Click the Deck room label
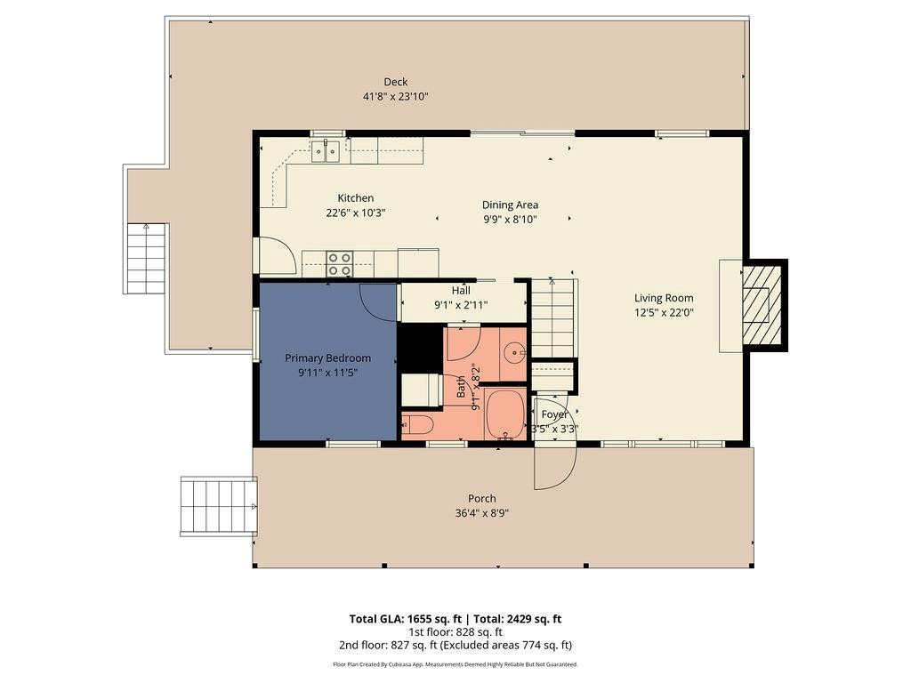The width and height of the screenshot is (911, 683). coord(395,82)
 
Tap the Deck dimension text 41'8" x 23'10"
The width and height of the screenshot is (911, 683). coord(395,97)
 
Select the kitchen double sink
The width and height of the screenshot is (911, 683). coord(327,152)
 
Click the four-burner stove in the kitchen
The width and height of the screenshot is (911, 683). coord(339,264)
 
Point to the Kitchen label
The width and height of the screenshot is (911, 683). coord(355,197)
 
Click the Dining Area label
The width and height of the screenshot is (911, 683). coord(510,205)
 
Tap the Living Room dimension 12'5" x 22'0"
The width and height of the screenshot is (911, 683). coord(663,312)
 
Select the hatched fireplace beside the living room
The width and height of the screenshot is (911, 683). coord(762,304)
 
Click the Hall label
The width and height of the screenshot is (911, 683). coord(461,290)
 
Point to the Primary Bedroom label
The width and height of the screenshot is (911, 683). coord(327,358)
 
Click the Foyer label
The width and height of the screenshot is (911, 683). coord(554,414)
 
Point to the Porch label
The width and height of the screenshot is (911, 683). coord(482,498)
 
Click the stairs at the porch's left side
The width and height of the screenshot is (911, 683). coord(218,506)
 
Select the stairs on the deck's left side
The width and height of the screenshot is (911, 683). coord(146,259)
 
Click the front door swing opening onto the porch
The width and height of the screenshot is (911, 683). coord(554,467)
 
